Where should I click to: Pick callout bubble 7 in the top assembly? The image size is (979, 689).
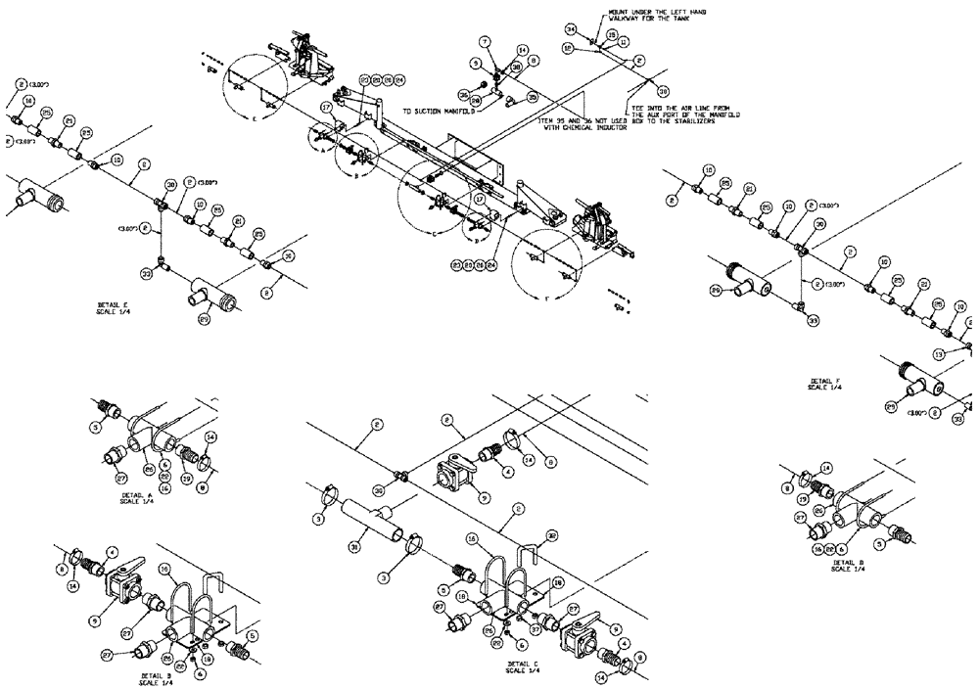pyautogui.click(x=484, y=41)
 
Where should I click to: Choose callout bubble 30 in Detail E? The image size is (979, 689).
pyautogui.click(x=170, y=183)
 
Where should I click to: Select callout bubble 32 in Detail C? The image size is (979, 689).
pyautogui.click(x=552, y=534)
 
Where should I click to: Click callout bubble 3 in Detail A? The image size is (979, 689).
pyautogui.click(x=97, y=428)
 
